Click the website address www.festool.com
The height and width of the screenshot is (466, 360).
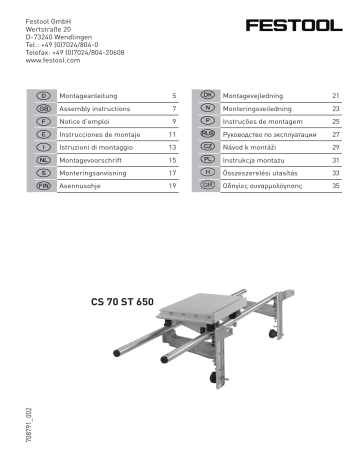coord(46,61)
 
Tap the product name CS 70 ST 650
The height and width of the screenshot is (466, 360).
coord(122,299)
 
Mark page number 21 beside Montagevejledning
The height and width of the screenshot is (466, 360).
coord(336,93)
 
